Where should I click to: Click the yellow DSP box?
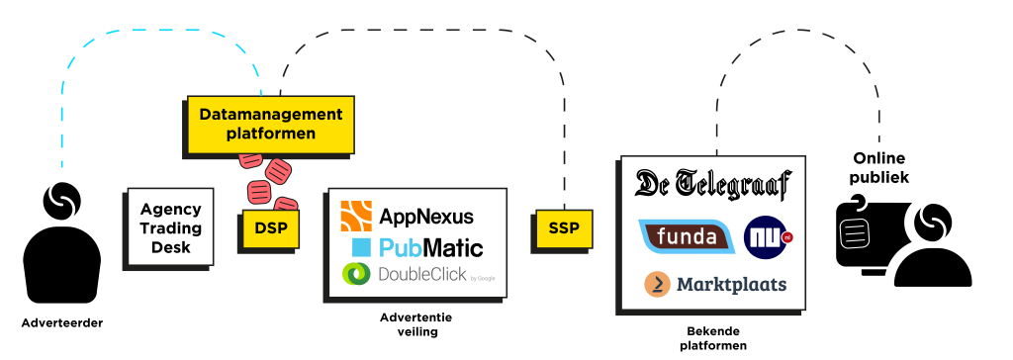271,228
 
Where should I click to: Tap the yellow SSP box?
564,228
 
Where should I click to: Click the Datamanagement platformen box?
271,125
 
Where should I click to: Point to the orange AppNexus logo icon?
356,216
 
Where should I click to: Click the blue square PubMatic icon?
361,247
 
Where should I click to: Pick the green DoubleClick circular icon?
356,274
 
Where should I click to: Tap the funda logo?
687,236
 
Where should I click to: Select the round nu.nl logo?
768,236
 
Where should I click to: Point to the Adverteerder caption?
62,323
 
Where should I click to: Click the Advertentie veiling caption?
416,325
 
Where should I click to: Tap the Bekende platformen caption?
713,338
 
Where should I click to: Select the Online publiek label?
879,168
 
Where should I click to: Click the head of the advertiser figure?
62,201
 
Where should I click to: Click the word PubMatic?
431,247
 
